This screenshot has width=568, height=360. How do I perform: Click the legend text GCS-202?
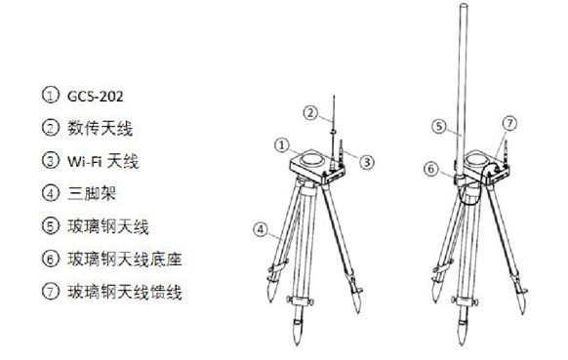pyautogui.click(x=96, y=97)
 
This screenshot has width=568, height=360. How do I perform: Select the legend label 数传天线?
pyautogui.click(x=100, y=128)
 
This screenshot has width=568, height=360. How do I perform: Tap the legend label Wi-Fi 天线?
pyautogui.click(x=102, y=161)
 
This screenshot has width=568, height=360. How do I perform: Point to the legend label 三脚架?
pyautogui.click(x=92, y=193)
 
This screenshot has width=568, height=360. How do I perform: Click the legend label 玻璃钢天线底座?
pyautogui.click(x=125, y=259)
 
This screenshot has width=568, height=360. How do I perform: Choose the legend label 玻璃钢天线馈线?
pyautogui.click(x=125, y=292)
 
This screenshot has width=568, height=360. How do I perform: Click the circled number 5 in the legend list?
pyautogui.click(x=51, y=226)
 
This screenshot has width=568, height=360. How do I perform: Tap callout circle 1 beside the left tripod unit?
pyautogui.click(x=282, y=145)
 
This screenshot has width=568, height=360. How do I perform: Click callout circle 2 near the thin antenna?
pyautogui.click(x=310, y=113)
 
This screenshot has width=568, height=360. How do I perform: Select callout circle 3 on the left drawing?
pyautogui.click(x=367, y=162)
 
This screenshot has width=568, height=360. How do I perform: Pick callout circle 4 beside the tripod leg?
pyautogui.click(x=261, y=229)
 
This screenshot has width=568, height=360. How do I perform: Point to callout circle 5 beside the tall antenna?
pyautogui.click(x=439, y=127)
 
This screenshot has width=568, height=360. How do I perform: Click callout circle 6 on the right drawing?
pyautogui.click(x=431, y=169)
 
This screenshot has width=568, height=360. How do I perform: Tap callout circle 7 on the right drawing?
pyautogui.click(x=509, y=123)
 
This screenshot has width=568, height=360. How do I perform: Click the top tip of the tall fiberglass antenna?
pyautogui.click(x=464, y=4)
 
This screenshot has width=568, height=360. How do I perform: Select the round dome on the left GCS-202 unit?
pyautogui.click(x=311, y=159)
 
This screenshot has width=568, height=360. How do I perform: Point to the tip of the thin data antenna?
pyautogui.click(x=334, y=97)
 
